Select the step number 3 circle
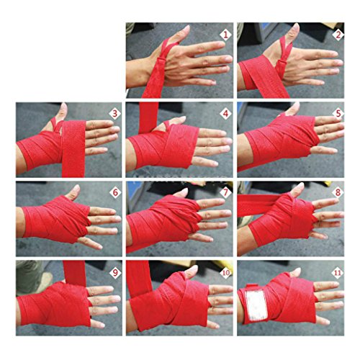[113, 114]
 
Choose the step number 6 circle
[113, 192]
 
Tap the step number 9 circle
[113, 271]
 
